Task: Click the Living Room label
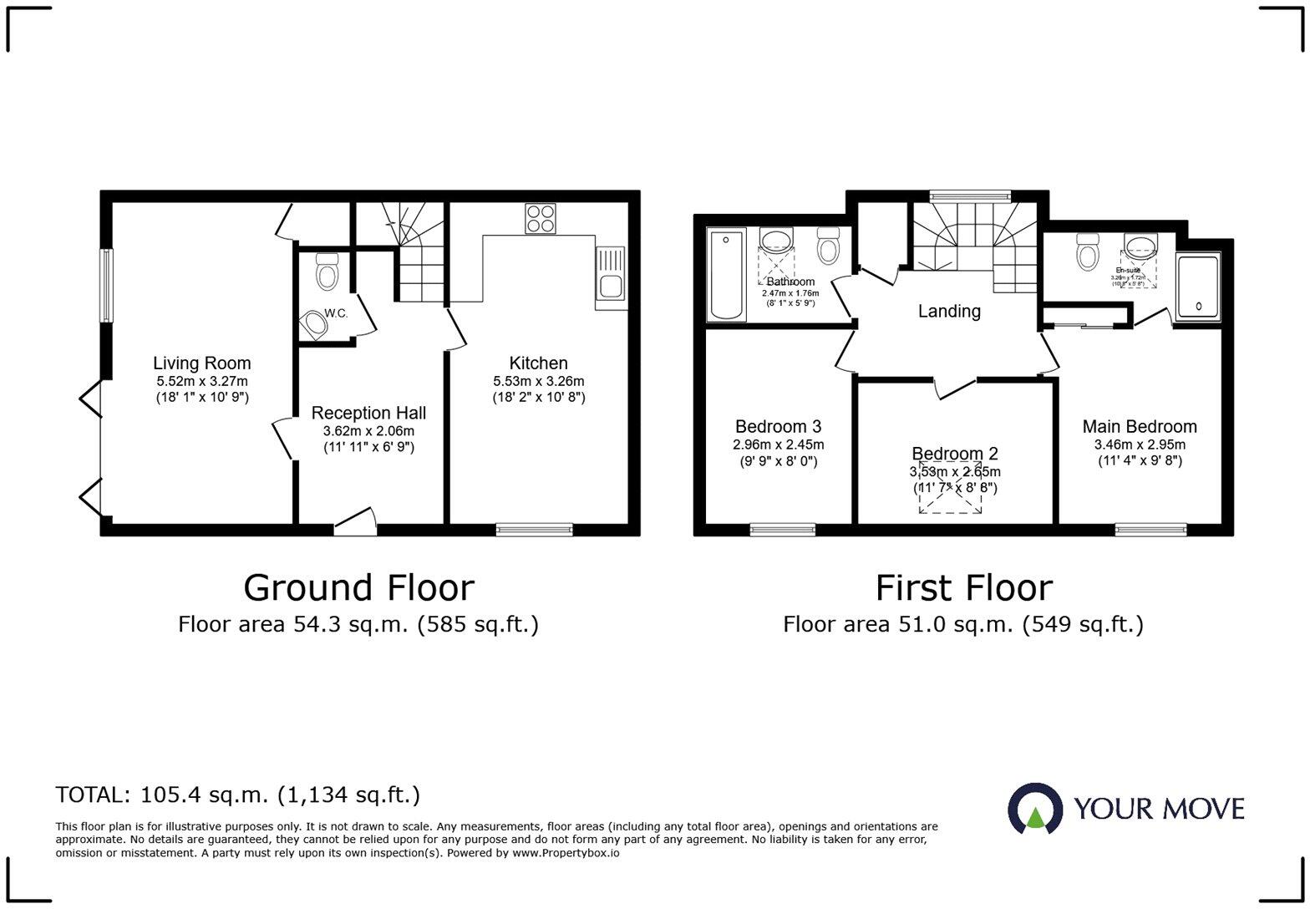coord(201,363)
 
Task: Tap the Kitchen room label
coord(538,363)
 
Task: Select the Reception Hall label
coord(368,413)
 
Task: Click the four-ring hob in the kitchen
coord(540,218)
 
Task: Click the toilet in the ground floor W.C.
coord(327,272)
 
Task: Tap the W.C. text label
coord(336,313)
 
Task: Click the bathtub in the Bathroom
coord(726,276)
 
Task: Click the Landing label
coord(949,312)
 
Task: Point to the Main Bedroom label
coord(1140,427)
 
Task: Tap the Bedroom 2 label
coord(954,454)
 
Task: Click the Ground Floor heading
coord(358,587)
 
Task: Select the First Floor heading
coord(963,587)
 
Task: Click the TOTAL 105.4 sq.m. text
coord(238,795)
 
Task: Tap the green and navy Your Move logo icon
coord(1035,809)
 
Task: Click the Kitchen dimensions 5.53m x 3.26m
coord(538,381)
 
